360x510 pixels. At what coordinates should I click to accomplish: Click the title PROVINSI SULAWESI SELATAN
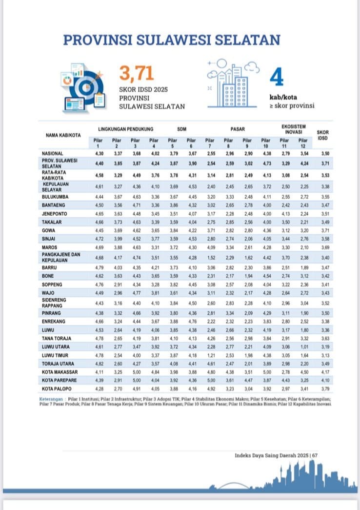[172, 40]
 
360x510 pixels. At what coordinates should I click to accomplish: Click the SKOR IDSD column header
[322, 135]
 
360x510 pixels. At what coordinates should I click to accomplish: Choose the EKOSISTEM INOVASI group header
[292, 129]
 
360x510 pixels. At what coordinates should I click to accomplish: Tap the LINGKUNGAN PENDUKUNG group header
[126, 129]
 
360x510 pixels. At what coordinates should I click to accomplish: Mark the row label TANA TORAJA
[57, 338]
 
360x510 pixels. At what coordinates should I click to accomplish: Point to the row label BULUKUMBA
[54, 197]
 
